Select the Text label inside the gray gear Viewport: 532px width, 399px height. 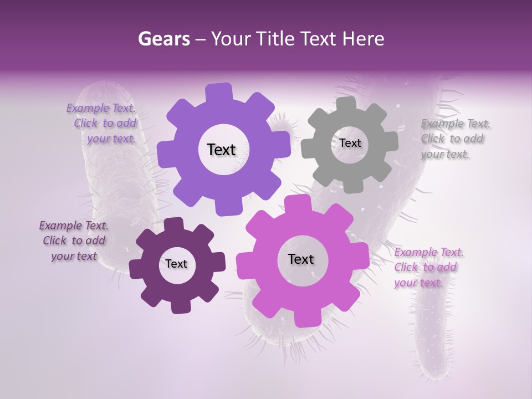point(350,143)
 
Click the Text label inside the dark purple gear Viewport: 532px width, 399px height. point(176,264)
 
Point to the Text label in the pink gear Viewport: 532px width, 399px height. point(300,259)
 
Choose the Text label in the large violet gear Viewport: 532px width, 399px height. point(221,150)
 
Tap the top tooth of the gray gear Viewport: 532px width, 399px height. point(346,104)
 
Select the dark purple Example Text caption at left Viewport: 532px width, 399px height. point(74,241)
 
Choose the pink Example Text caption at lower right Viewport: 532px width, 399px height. point(428,267)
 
